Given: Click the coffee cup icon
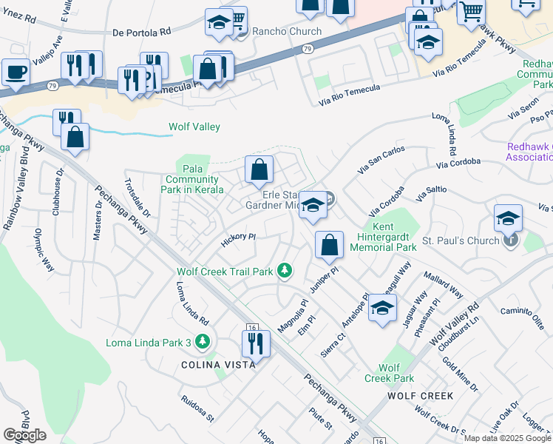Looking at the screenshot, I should (x=16, y=72).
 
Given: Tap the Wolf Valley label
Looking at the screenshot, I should (x=194, y=127).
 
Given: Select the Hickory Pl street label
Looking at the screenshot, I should (x=238, y=238).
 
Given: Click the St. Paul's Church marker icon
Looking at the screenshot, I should (x=509, y=240).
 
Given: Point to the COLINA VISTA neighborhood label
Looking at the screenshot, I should (x=219, y=365).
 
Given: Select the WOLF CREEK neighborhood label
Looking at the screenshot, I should (x=421, y=396).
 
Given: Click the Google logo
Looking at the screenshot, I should (x=24, y=435).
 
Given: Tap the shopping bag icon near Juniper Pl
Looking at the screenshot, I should (x=329, y=245).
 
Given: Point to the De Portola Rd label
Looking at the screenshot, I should (x=143, y=33).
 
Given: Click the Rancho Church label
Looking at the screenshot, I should (x=287, y=31).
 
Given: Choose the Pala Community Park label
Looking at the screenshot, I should (x=191, y=179).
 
